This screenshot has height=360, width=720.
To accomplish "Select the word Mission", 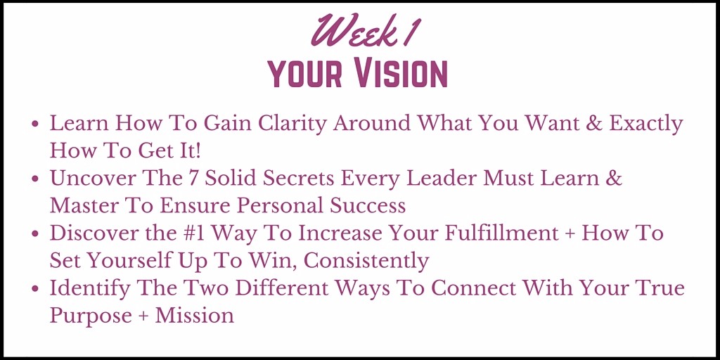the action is pos(195,316).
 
